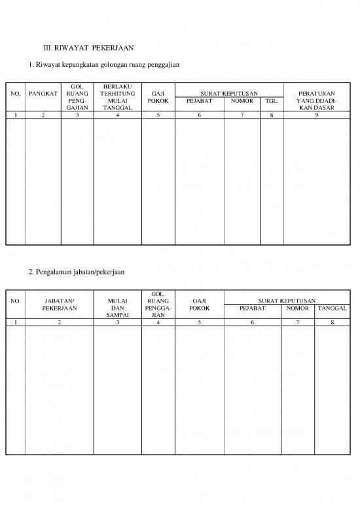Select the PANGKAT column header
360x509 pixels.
click(x=43, y=94)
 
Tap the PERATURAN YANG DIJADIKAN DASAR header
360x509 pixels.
click(x=316, y=100)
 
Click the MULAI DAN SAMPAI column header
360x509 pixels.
click(x=118, y=307)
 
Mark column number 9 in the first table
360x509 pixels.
click(x=316, y=115)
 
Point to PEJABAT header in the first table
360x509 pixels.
click(x=199, y=102)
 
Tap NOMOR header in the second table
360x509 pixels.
click(x=298, y=307)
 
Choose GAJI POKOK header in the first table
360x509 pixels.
click(x=158, y=98)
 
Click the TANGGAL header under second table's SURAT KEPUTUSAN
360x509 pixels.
click(x=331, y=307)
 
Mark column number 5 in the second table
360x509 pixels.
click(x=199, y=322)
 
